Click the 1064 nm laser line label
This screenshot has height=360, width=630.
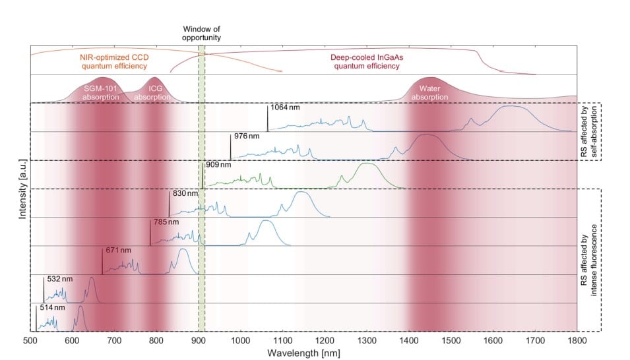coord(284,107)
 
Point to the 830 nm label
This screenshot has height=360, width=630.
coord(184,194)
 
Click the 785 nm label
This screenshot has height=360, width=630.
coord(165,222)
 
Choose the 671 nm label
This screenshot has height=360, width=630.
coord(117,251)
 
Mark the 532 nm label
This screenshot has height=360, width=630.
coord(59,280)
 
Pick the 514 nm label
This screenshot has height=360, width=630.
coord(51,307)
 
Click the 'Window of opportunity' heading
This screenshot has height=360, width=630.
coord(201,34)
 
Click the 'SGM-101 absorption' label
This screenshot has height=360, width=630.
coord(102,92)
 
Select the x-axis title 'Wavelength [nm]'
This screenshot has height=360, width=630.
coord(299,353)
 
